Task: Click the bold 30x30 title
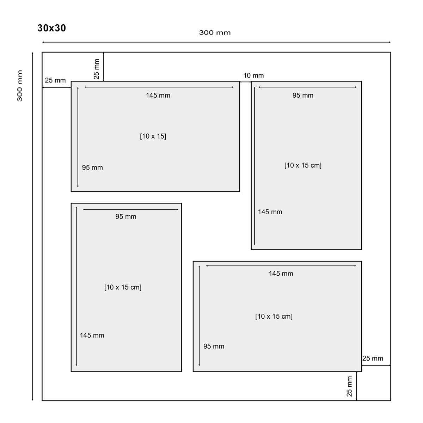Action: click(x=51, y=28)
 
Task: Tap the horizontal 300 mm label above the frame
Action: click(x=215, y=33)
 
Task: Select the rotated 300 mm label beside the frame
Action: click(x=19, y=86)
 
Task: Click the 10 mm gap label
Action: click(x=253, y=75)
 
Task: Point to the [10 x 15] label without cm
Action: click(x=153, y=136)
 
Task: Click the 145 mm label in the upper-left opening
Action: click(x=158, y=95)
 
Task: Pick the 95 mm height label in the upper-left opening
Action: click(x=92, y=167)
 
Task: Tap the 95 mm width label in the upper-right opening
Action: click(x=303, y=95)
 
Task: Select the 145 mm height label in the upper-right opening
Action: click(x=270, y=212)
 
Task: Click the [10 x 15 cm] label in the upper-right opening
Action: click(x=303, y=165)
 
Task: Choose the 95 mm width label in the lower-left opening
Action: click(x=126, y=216)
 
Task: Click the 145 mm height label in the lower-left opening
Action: click(x=92, y=335)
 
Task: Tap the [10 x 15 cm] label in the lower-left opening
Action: click(x=123, y=287)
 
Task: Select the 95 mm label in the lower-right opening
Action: click(x=214, y=346)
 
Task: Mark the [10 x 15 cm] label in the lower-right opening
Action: click(x=274, y=316)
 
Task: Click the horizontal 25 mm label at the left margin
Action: click(x=55, y=80)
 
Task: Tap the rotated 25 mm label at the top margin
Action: click(x=97, y=69)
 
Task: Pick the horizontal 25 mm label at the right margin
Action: click(x=373, y=358)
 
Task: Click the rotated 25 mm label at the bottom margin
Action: click(x=349, y=386)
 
